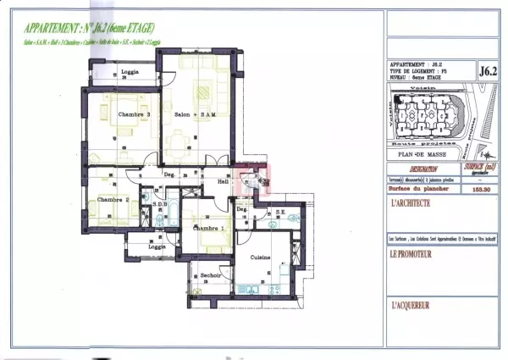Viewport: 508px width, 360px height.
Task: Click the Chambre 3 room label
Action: click(135, 115)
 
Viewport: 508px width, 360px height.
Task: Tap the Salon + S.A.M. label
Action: click(194, 115)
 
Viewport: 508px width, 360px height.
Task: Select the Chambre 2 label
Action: click(113, 200)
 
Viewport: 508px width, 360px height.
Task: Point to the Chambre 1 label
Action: click(209, 229)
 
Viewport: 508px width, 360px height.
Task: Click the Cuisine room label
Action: click(260, 257)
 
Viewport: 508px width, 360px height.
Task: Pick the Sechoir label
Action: click(211, 276)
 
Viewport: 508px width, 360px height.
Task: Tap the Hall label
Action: click(224, 181)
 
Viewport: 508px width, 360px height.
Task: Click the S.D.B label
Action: click(158, 204)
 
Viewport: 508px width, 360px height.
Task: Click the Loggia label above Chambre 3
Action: click(130, 71)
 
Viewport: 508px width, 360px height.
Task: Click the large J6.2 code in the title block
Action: click(488, 71)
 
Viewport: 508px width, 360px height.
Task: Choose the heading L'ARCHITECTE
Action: click(411, 204)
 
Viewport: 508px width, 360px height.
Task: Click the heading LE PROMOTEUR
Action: click(411, 253)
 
